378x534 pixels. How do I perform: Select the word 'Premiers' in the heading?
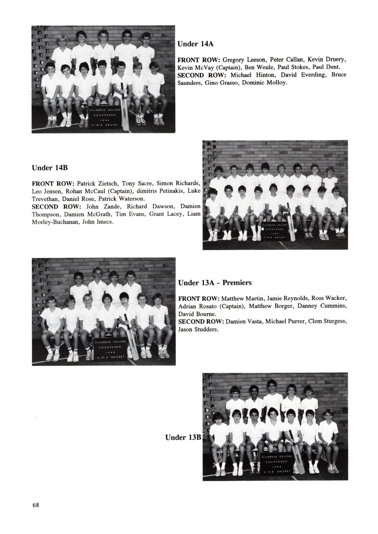(x=237, y=283)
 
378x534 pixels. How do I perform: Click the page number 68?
(x=36, y=505)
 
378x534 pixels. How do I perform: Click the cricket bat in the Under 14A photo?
(x=125, y=107)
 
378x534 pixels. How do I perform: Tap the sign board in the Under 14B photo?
(x=274, y=233)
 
